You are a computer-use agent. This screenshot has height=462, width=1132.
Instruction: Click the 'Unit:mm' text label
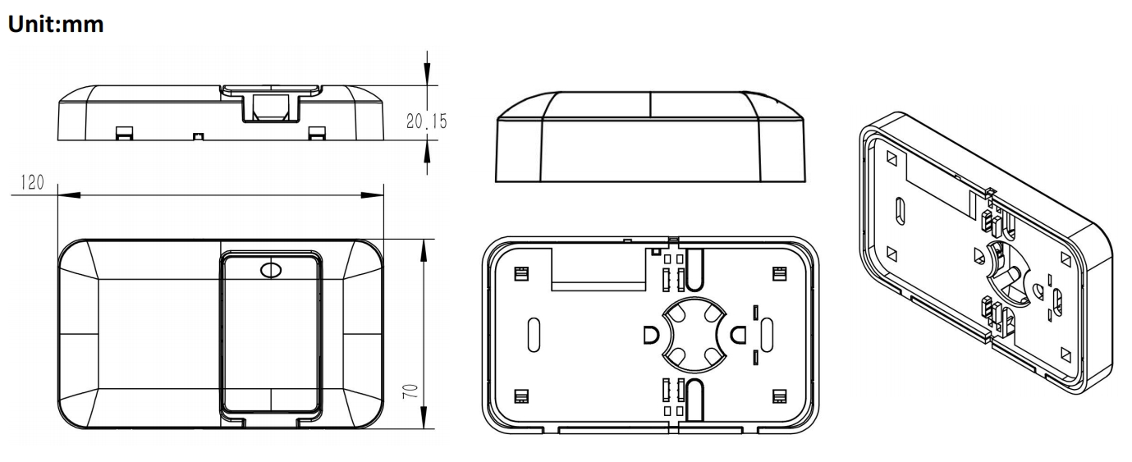click(56, 24)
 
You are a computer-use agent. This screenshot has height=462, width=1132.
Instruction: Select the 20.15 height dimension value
click(427, 121)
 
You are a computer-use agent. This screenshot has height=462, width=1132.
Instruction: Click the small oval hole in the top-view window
click(269, 270)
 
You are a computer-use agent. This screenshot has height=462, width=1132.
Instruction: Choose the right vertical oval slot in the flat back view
click(768, 332)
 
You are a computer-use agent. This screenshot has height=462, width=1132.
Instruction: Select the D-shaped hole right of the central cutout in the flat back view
click(738, 334)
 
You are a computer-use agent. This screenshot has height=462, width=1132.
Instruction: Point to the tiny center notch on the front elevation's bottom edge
click(196, 135)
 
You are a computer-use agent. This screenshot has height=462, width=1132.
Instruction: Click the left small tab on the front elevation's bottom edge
click(124, 132)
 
